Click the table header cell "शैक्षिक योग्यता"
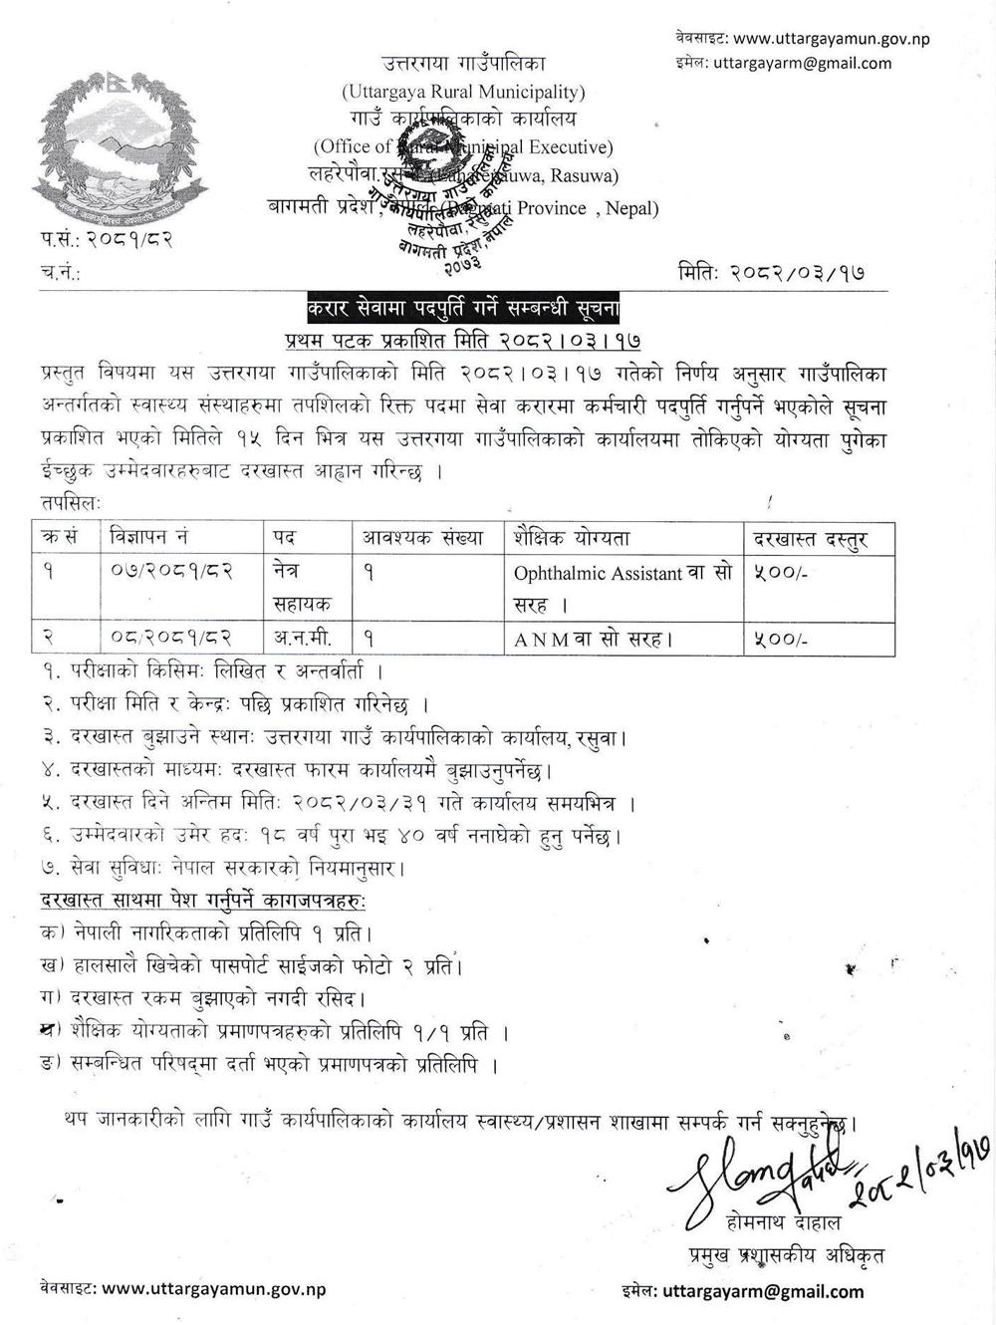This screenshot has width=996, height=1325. pos(572,539)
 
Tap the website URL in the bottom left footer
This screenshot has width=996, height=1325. pos(213,1288)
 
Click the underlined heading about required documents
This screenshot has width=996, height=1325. pos(203,901)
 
